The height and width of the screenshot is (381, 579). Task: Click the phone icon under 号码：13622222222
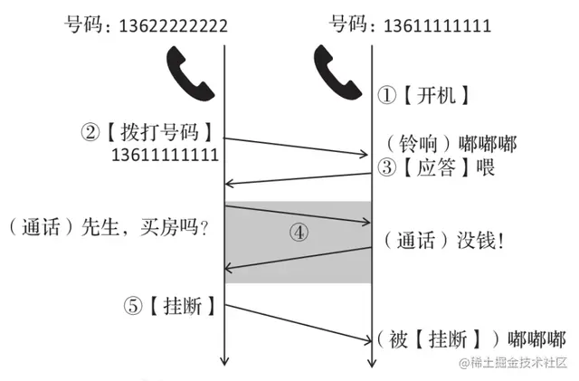coord(187,73)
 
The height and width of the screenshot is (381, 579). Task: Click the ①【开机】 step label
coord(425,94)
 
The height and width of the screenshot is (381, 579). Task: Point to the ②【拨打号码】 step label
coord(149,132)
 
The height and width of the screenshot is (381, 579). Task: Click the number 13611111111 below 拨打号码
coord(165,155)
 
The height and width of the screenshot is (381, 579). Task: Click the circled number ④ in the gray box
coord(299,232)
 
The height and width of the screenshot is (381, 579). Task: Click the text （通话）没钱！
coord(443,240)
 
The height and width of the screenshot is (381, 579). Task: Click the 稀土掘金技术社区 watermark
coord(514,363)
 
